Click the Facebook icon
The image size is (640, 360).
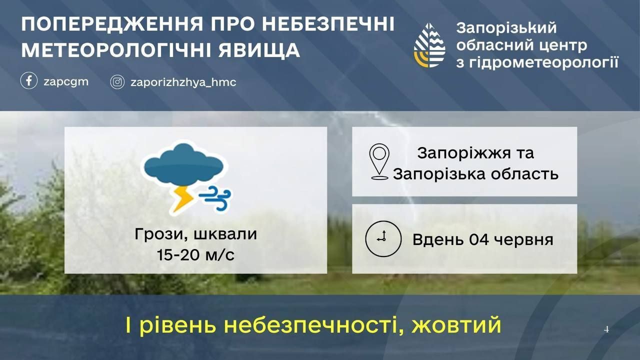pyautogui.click(x=29, y=80)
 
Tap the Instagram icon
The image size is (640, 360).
pyautogui.click(x=117, y=82)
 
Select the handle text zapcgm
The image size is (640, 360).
pyautogui.click(x=66, y=82)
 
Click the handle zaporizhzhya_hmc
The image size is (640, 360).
pyautogui.click(x=183, y=82)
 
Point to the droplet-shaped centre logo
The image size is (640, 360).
pyautogui.click(x=429, y=45)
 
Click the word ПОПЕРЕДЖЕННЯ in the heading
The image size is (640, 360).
pyautogui.click(x=112, y=24)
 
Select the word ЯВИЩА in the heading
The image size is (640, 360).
pyautogui.click(x=259, y=50)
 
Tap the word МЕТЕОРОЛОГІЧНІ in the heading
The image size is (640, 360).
pyautogui.click(x=117, y=50)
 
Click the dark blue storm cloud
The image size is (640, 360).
pyautogui.click(x=183, y=164)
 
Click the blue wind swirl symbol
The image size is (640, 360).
pyautogui.click(x=215, y=198)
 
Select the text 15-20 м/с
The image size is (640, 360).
pyautogui.click(x=195, y=255)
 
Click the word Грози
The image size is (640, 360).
pyautogui.click(x=158, y=234)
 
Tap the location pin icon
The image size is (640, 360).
pyautogui.click(x=379, y=161)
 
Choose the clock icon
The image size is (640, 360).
pyautogui.click(x=383, y=238)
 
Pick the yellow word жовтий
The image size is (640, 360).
pyautogui.click(x=456, y=325)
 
